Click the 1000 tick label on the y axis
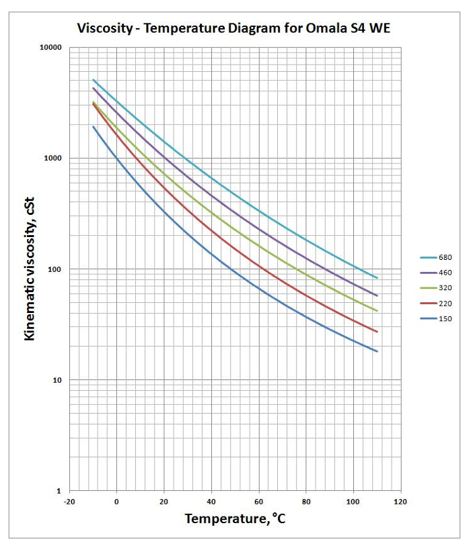[53, 158]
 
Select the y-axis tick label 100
[55, 269]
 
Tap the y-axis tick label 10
[57, 380]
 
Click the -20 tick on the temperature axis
[69, 502]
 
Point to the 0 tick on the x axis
[116, 502]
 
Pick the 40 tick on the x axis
[211, 502]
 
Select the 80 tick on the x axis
[306, 502]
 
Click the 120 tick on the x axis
[401, 502]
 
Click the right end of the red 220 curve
[377, 332]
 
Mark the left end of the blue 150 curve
[93, 126]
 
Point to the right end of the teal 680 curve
[377, 277]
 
